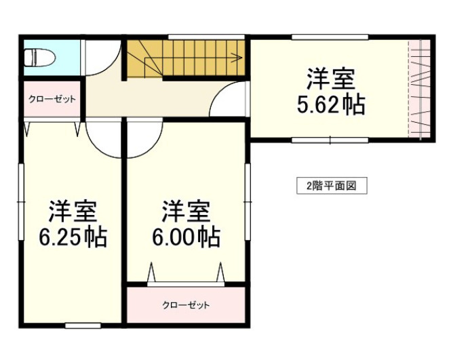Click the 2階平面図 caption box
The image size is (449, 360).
pyautogui.click(x=332, y=186)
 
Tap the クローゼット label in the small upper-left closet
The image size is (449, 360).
pyautogui.click(x=52, y=99)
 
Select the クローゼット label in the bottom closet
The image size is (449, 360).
pyautogui.click(x=185, y=305)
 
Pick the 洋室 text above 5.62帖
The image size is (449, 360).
pyautogui.click(x=330, y=79)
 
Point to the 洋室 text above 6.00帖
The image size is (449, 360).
pyautogui.click(x=184, y=212)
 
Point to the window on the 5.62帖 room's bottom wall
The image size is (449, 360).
pyautogui.click(x=330, y=140)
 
